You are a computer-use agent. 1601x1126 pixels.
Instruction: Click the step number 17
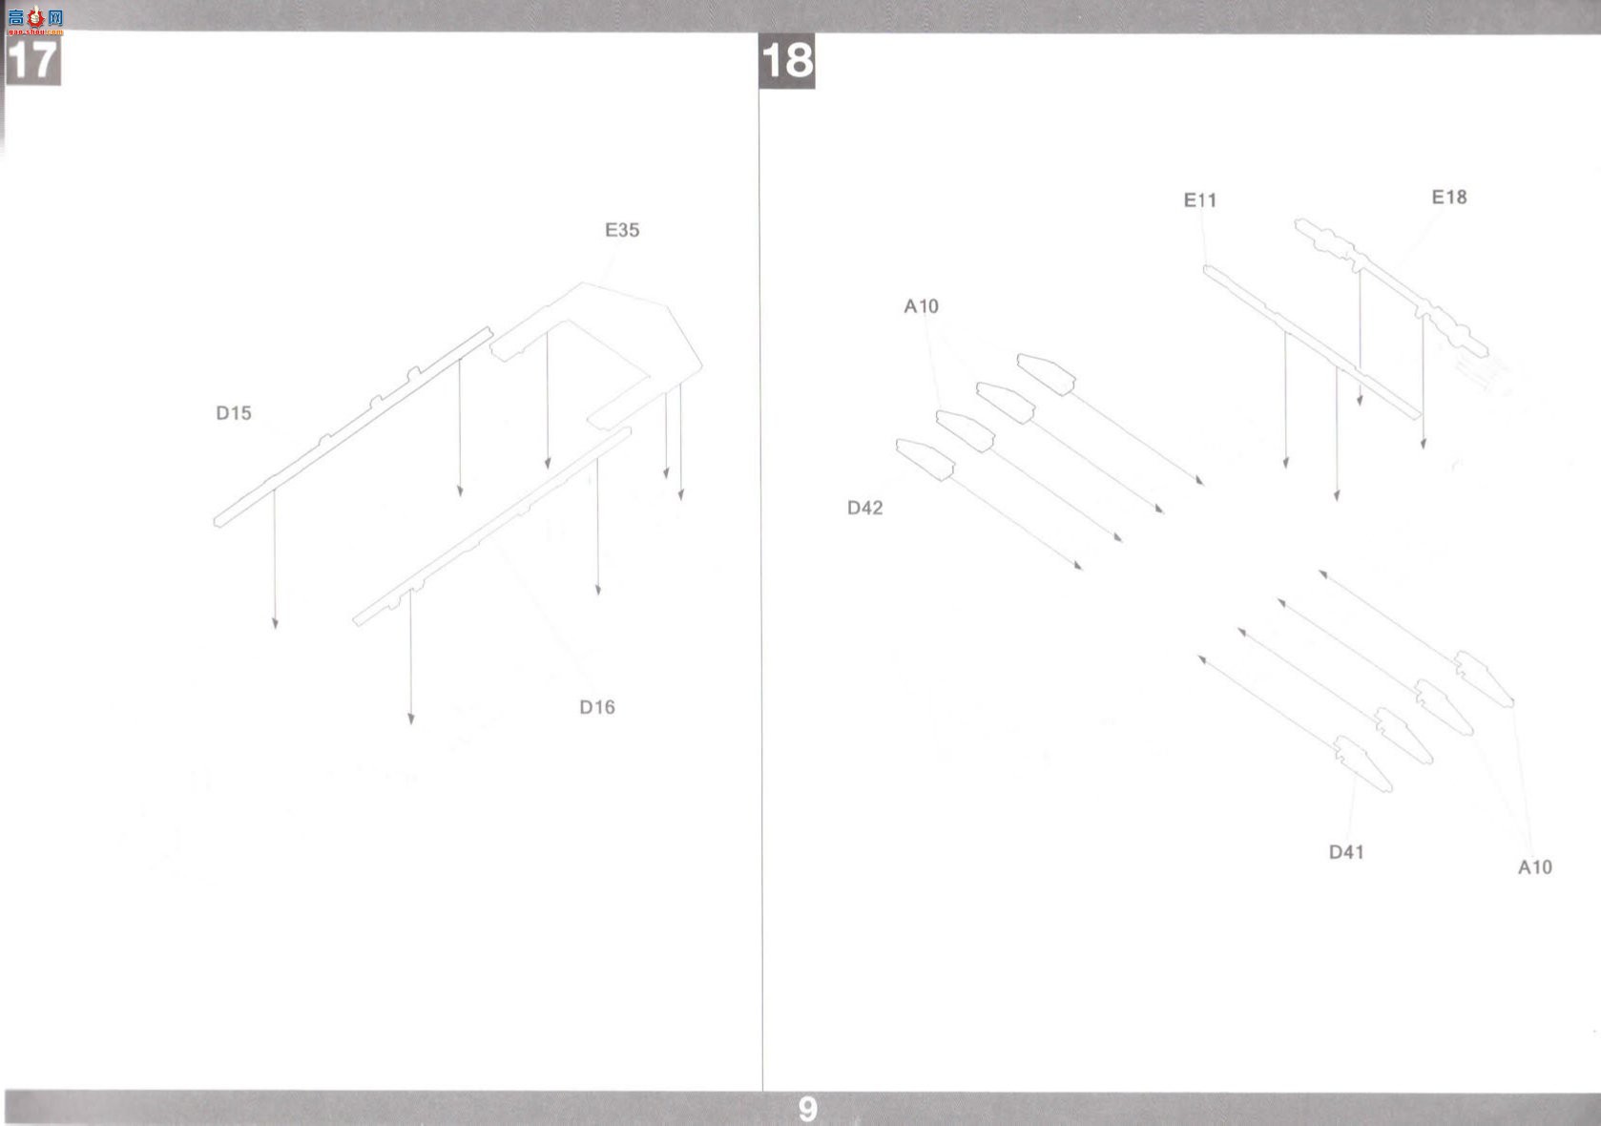coord(32,60)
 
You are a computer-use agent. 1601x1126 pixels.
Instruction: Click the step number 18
coord(787,61)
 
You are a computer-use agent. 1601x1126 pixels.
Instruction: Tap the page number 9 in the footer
coord(807,1109)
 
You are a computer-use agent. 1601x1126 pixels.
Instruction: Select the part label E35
coord(622,230)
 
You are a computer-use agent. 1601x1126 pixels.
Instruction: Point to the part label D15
coord(234,413)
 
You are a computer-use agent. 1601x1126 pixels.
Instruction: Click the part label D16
coord(597,707)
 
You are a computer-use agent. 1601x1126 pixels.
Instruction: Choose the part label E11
coord(1200,200)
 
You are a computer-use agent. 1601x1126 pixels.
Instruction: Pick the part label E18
coord(1448,198)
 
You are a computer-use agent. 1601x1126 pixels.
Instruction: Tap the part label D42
coord(864,508)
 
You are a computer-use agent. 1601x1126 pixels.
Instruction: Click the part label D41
coord(1346,852)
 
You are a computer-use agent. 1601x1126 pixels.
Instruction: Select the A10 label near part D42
coord(922,306)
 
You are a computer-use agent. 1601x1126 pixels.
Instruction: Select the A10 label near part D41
coord(1535,867)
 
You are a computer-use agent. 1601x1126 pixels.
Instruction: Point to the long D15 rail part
coord(353,427)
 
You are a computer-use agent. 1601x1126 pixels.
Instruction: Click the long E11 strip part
coord(1312,343)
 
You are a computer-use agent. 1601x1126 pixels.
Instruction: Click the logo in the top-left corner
coord(35,20)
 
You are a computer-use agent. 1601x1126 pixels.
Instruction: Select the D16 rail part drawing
coord(491,527)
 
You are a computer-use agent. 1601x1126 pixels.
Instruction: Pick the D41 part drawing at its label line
coord(1362,764)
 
